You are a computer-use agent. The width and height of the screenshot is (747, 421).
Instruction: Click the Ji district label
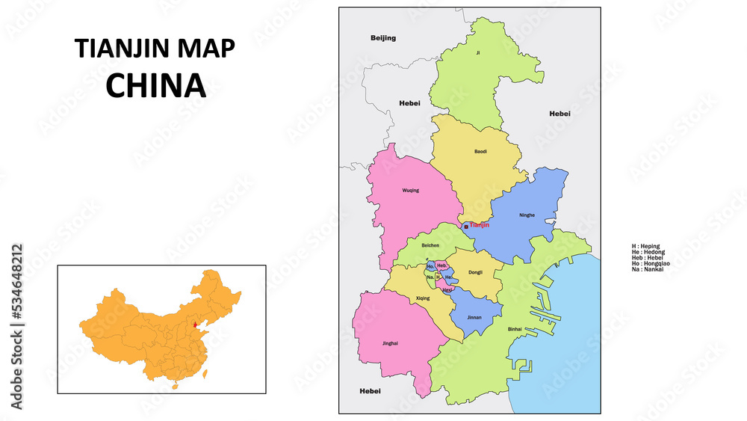[478, 53]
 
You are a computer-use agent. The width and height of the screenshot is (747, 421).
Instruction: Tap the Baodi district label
[480, 151]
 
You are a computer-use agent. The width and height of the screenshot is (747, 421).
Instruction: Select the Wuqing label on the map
[411, 191]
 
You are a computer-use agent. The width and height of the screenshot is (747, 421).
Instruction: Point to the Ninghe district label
[527, 215]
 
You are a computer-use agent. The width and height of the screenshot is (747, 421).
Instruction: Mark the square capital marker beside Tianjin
[466, 226]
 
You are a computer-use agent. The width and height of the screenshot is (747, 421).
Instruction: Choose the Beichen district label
[430, 245]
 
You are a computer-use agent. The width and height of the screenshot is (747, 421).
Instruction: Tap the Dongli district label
[475, 272]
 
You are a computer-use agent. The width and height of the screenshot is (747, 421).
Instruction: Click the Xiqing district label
[422, 298]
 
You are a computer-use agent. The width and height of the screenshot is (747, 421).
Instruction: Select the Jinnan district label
[474, 317]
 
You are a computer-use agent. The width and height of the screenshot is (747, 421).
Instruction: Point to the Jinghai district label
[388, 343]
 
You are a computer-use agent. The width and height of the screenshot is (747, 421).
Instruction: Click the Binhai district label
[515, 329]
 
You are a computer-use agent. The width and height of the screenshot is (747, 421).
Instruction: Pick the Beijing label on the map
[383, 37]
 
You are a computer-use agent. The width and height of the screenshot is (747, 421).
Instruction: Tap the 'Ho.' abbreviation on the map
[430, 265]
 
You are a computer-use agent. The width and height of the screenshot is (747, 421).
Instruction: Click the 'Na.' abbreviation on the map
[430, 277]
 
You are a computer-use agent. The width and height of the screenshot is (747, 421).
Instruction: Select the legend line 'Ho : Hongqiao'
[650, 263]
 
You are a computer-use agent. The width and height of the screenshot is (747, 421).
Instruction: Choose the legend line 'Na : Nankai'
[647, 269]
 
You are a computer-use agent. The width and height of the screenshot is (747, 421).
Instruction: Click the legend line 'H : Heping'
[645, 245]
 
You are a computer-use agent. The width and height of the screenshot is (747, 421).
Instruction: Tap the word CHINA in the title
[155, 86]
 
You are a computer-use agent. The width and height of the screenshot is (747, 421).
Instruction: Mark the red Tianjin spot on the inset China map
[195, 325]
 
